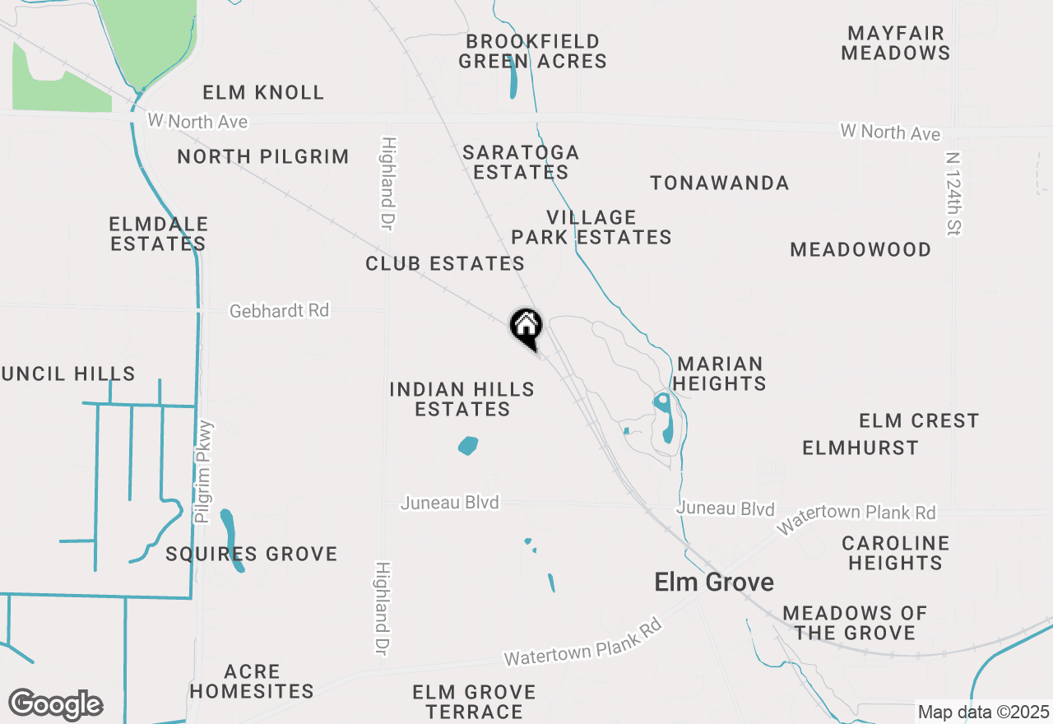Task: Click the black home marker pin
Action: click(x=526, y=327)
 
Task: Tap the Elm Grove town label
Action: click(x=713, y=582)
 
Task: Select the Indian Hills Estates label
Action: click(x=462, y=399)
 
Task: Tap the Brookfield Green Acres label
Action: click(x=532, y=51)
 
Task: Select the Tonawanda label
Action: click(x=720, y=183)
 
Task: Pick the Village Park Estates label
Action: click(x=591, y=227)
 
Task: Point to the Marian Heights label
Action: click(x=721, y=374)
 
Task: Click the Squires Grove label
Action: click(x=252, y=554)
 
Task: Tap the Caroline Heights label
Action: click(x=895, y=553)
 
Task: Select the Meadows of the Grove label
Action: click(x=854, y=623)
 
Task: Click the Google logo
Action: click(x=55, y=704)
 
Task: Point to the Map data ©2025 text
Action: click(x=983, y=712)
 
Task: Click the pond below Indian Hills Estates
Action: click(x=467, y=446)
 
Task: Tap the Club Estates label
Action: click(x=445, y=263)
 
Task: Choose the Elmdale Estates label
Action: click(x=158, y=234)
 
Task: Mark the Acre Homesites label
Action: click(x=252, y=681)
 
